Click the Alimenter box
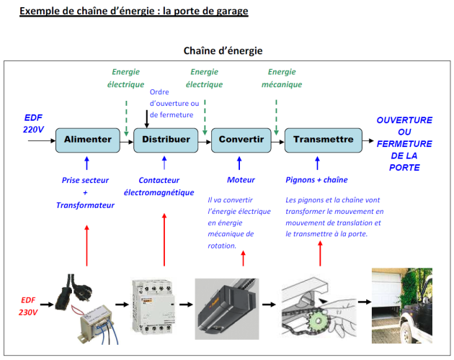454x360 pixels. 87,139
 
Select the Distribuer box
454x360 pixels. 166,139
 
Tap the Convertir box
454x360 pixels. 241,139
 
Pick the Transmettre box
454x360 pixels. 323,139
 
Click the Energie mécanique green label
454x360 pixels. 282,78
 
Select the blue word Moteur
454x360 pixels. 241,180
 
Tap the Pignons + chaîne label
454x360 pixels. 316,180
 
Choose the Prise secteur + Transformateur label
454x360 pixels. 86,192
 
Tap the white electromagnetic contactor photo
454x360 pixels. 153,305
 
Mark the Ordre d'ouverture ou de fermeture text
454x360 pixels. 174,104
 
